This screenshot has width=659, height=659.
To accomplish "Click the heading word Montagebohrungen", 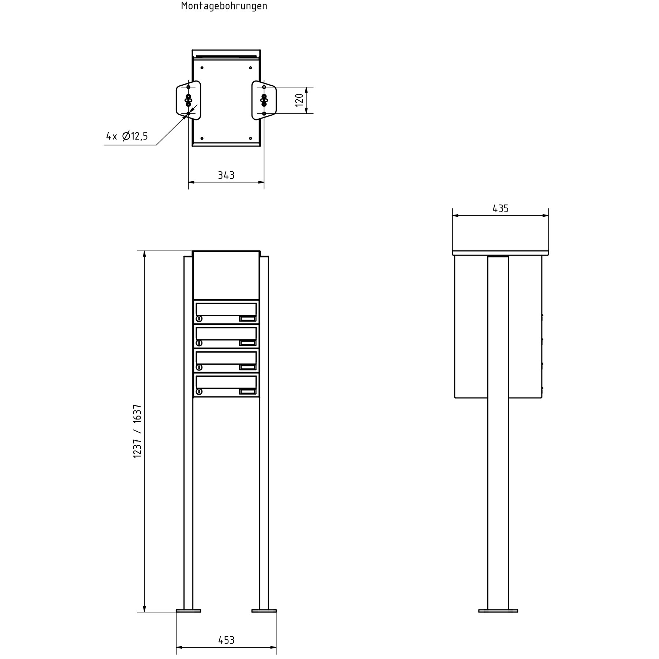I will (x=224, y=6).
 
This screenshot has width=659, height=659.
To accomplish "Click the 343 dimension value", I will (x=226, y=175).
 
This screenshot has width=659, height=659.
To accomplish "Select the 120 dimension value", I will (x=299, y=100).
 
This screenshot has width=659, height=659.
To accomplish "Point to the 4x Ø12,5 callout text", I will (x=127, y=137).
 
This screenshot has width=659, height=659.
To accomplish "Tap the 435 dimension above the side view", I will (x=500, y=209).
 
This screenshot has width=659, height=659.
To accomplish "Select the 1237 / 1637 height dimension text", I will (x=137, y=431).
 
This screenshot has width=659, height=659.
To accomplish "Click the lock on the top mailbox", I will (x=199, y=319).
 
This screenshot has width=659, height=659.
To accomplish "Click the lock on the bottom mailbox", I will (x=199, y=391).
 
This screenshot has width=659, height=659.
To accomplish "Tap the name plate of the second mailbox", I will (x=247, y=343).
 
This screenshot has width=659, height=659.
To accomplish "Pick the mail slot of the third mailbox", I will (x=226, y=357).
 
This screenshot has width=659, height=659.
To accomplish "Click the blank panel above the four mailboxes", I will (x=226, y=275).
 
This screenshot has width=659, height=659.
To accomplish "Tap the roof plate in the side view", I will (x=500, y=253).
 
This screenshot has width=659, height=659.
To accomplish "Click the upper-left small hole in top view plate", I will (x=202, y=68).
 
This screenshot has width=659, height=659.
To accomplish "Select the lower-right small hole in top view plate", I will (x=250, y=138).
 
